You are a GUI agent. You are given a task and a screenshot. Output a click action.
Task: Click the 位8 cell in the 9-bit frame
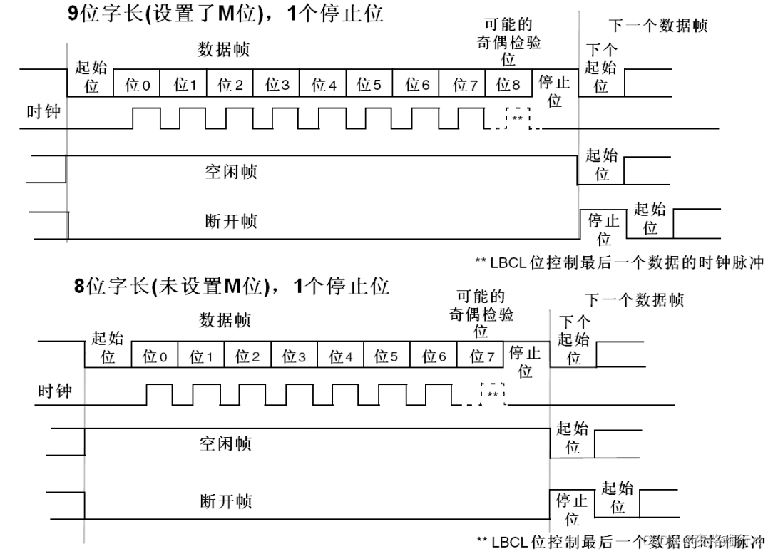(x=508, y=85)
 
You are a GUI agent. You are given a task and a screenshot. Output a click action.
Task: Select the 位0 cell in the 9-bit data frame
(x=138, y=85)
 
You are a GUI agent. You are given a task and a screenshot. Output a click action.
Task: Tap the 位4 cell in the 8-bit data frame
(x=341, y=356)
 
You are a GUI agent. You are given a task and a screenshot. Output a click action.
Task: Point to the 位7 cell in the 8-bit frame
(x=482, y=356)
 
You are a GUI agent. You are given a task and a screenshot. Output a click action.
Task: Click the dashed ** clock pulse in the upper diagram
(x=518, y=118)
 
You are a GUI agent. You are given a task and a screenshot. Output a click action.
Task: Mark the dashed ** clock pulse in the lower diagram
(x=493, y=394)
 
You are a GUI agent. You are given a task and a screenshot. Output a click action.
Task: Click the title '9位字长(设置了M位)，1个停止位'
(x=225, y=14)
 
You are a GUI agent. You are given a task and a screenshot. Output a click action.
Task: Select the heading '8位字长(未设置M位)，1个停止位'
(x=232, y=287)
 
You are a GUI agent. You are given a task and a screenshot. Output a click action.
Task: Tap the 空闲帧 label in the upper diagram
(x=230, y=172)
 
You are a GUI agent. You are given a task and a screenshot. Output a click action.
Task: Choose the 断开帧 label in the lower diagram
(x=225, y=502)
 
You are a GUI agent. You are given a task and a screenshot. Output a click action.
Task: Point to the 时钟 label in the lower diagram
(x=55, y=391)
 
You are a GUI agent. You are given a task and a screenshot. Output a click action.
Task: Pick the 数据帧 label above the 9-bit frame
(x=223, y=51)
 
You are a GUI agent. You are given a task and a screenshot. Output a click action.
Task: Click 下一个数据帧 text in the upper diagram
(x=658, y=26)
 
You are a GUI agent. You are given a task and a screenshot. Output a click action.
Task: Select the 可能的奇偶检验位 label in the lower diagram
(x=481, y=314)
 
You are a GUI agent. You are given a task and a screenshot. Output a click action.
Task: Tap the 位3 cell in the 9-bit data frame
(x=277, y=85)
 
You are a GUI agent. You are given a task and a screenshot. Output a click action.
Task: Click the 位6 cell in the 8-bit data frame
(x=434, y=356)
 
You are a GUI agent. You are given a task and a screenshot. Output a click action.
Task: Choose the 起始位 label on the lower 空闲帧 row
(x=573, y=438)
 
